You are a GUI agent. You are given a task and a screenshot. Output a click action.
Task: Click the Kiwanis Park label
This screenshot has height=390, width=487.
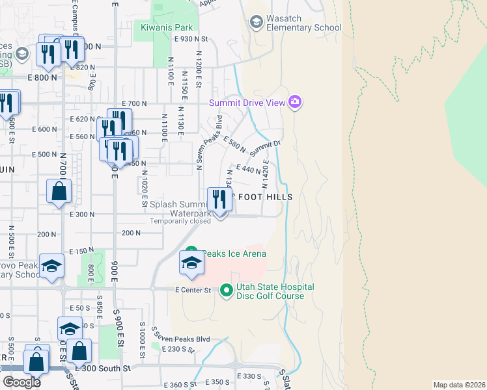pyautogui.click(x=167, y=28)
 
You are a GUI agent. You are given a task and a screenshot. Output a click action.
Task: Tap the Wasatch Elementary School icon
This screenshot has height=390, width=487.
pyautogui.click(x=256, y=23)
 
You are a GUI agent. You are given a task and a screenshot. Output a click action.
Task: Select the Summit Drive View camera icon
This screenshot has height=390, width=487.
pyautogui.click(x=295, y=101)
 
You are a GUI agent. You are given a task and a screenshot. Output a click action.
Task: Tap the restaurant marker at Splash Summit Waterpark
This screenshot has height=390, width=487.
pyautogui.click(x=220, y=200)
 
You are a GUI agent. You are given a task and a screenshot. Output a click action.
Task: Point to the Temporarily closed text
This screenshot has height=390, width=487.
pyautogui.click(x=180, y=221)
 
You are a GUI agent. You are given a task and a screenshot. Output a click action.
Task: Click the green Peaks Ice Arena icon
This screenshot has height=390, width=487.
pyautogui.click(x=191, y=252)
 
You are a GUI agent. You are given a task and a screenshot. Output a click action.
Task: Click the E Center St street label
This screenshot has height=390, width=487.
pyautogui.click(x=194, y=290)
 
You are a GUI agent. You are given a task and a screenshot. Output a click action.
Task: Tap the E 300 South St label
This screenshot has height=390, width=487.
pyautogui.click(x=103, y=368)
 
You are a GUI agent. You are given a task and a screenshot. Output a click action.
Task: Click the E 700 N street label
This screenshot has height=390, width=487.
pyautogui.click(x=135, y=104)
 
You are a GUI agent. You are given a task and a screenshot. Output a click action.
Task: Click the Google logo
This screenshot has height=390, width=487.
pyautogui.click(x=21, y=382)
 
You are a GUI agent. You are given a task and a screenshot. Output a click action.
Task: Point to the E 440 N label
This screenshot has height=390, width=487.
pyautogui.click(x=247, y=170)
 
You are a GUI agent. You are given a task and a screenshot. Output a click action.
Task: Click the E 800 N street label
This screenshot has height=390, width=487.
pyautogui.click(x=42, y=77)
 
